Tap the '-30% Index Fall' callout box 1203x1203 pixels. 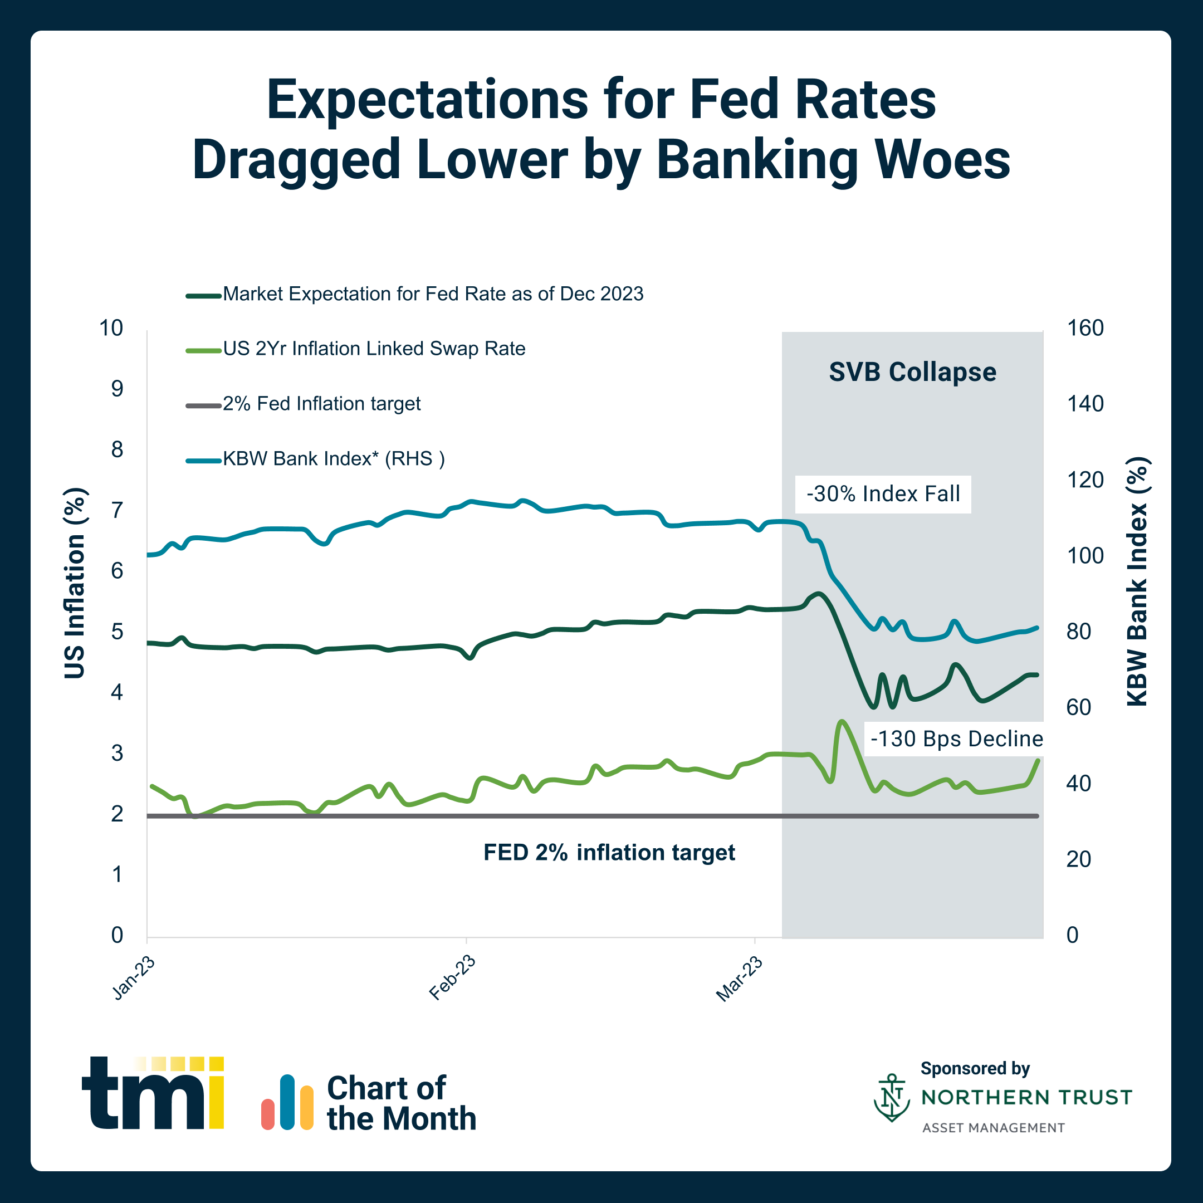point(883,494)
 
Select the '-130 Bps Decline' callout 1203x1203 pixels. point(956,739)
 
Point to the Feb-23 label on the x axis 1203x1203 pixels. point(453,977)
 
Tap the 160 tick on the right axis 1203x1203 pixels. point(1085,328)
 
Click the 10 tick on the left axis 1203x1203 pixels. point(111,328)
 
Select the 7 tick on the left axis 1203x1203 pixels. point(117,511)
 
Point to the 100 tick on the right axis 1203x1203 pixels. point(1085,555)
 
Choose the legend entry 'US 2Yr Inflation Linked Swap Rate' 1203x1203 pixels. point(374,349)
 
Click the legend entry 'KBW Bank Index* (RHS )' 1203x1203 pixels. point(334,459)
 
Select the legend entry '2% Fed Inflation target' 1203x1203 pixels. point(321,403)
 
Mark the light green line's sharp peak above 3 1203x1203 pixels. point(841,722)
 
